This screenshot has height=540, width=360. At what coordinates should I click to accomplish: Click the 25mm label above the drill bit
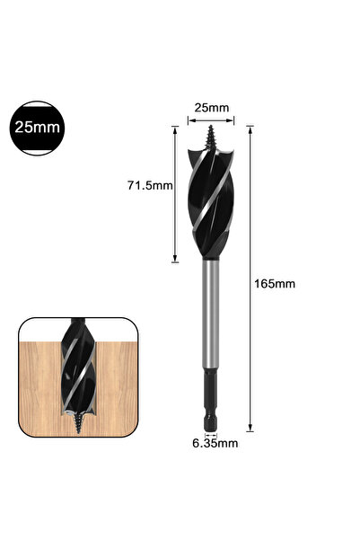(x=212, y=108)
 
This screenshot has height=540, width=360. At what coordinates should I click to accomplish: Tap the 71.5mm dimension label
(x=150, y=186)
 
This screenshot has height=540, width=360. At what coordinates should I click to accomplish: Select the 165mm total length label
(x=275, y=284)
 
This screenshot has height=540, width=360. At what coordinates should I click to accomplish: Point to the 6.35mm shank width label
(x=215, y=443)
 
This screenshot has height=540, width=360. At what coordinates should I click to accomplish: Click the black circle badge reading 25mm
(x=37, y=128)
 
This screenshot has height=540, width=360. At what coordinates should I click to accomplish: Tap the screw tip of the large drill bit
(x=210, y=137)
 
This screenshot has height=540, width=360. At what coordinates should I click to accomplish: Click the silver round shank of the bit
(x=211, y=314)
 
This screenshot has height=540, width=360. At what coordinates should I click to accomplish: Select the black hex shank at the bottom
(x=211, y=400)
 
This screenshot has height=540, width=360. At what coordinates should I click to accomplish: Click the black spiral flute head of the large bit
(x=211, y=204)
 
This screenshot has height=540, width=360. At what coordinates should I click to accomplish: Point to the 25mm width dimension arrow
(x=211, y=120)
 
